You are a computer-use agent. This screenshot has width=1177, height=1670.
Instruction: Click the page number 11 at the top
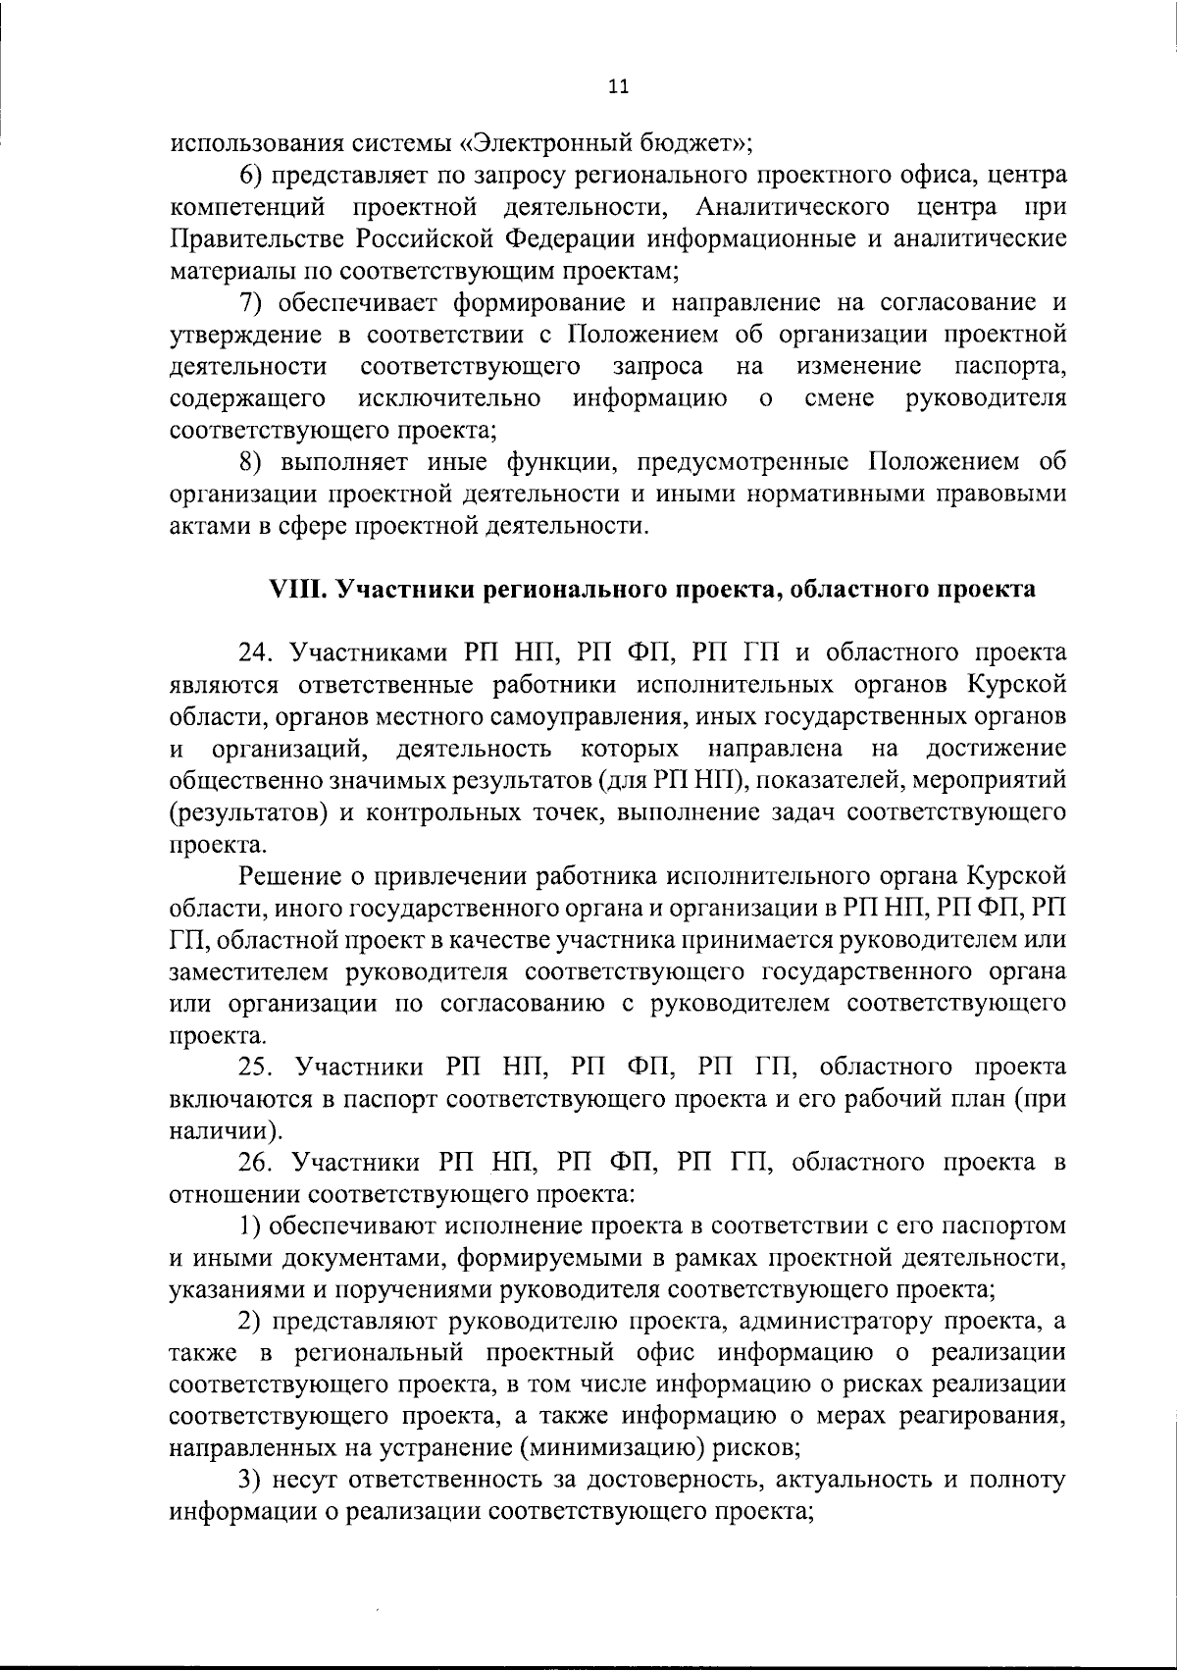coord(618,86)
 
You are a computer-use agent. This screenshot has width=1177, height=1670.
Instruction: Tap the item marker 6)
coord(253,176)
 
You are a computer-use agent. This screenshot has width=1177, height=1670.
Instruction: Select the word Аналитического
coord(792,207)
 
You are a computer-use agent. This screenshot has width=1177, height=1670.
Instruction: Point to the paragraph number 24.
coord(254,652)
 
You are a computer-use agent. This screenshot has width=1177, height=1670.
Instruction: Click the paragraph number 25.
coord(254,1067)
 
